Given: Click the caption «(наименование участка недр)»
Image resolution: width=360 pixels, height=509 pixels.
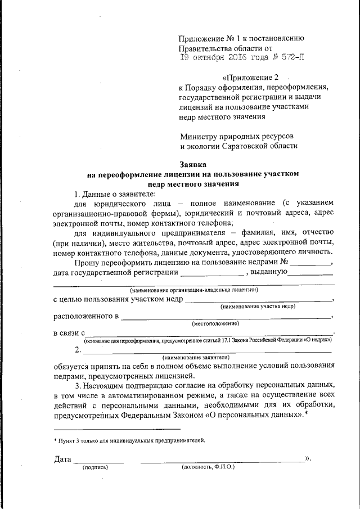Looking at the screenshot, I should point(258,307).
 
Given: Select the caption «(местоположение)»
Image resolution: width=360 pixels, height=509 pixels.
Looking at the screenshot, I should point(215,323).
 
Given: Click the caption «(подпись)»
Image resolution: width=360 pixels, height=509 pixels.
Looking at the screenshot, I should point(96,467).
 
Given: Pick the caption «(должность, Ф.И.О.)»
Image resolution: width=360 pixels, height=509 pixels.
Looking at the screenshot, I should point(208,467).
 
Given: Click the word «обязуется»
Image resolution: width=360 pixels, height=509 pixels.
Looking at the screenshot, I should point(73,366).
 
